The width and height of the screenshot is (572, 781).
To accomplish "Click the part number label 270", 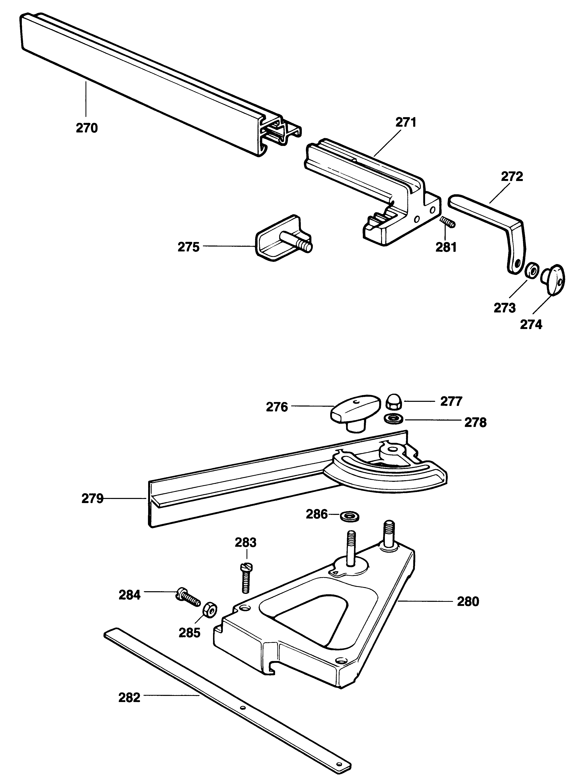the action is coord(87,128).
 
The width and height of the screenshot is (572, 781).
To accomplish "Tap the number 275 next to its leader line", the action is coord(189,247).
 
